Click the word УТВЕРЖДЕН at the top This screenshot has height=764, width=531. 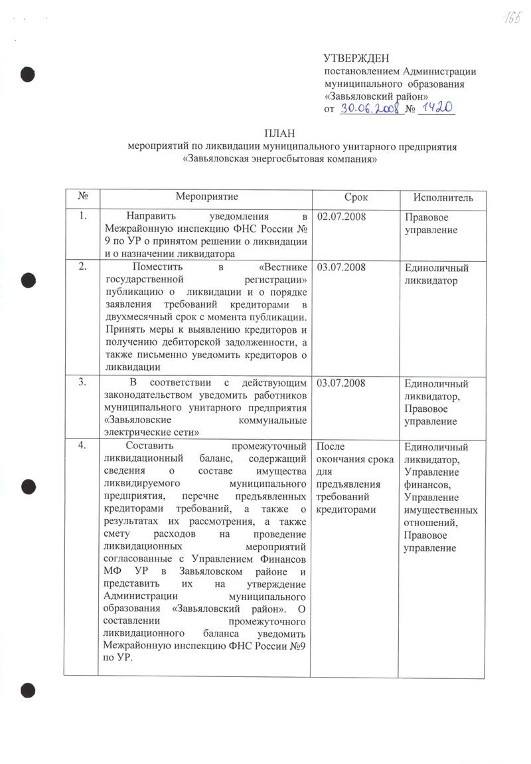356,59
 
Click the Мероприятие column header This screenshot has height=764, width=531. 206,197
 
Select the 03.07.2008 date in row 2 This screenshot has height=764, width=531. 342,267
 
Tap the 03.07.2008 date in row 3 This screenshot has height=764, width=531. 342,383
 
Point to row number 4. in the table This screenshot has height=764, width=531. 82,445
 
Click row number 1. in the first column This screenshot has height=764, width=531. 82,217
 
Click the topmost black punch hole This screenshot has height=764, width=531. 27,73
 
